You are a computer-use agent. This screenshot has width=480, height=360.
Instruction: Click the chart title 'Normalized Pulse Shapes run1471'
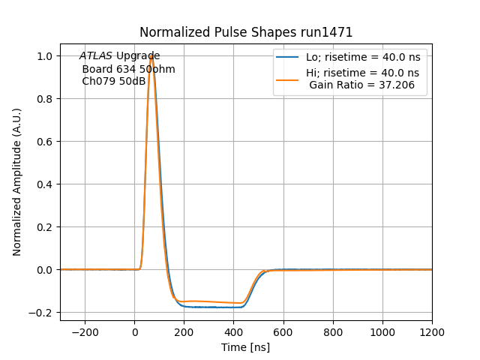[246, 32]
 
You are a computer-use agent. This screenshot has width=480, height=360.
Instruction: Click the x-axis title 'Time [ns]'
[246, 347]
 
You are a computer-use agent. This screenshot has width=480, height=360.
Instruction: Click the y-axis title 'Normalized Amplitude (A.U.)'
[17, 182]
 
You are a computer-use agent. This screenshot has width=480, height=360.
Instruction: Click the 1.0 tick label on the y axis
[44, 56]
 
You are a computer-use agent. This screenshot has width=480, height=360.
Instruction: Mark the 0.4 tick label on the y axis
[44, 184]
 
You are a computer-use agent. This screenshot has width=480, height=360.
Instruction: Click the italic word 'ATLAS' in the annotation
[96, 56]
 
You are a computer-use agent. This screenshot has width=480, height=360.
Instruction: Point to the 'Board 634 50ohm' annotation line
[128, 69]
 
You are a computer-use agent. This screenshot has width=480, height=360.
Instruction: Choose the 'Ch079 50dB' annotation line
[114, 81]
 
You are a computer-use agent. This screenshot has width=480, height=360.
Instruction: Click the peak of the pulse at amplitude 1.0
[151, 56]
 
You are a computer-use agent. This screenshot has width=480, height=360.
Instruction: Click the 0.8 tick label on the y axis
[44, 99]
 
